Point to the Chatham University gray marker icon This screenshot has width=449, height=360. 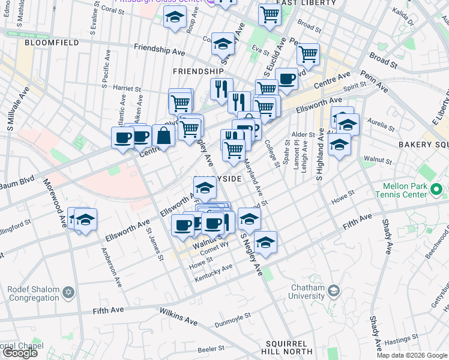tap(334, 291)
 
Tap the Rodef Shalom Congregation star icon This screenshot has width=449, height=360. tap(68, 292)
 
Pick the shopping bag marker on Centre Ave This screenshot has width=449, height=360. tap(163, 136)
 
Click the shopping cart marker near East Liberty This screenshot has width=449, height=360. tap(270, 14)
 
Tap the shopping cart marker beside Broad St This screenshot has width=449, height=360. tap(308, 54)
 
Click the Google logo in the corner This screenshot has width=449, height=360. tap(20, 353)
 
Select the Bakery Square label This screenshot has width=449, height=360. tap(423, 145)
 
